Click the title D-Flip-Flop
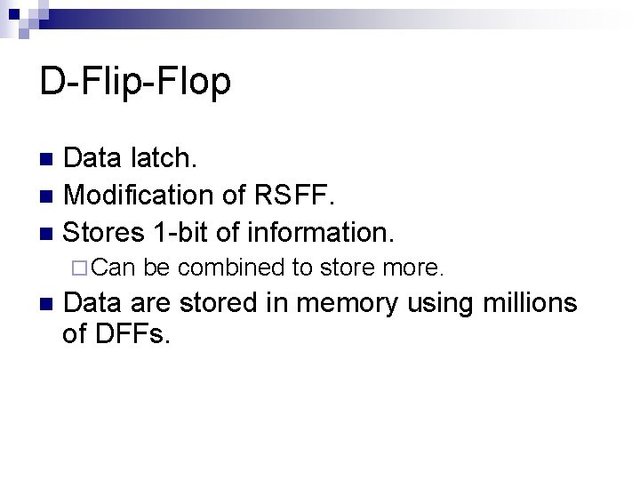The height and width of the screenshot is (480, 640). (135, 82)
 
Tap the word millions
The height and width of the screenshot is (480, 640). (529, 304)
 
